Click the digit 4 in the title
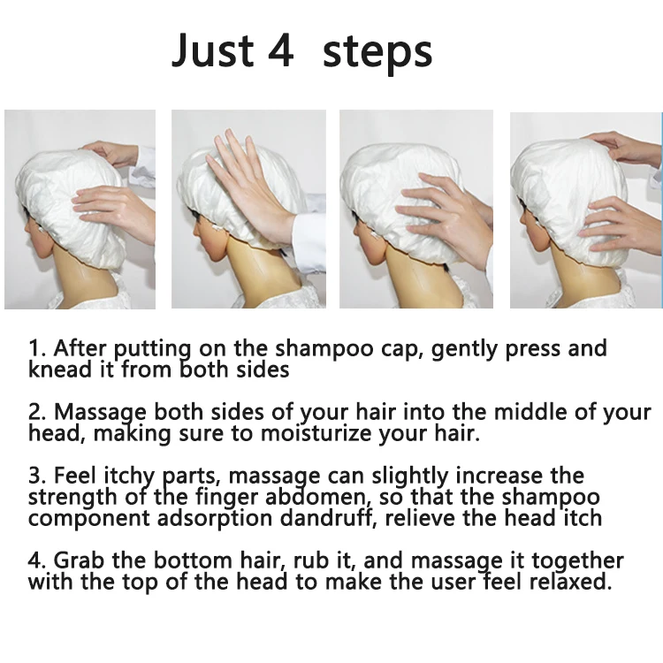point(281,50)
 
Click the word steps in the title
point(377,54)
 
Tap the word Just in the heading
point(212,50)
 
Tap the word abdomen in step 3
point(317,497)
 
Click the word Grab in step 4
point(79,560)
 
